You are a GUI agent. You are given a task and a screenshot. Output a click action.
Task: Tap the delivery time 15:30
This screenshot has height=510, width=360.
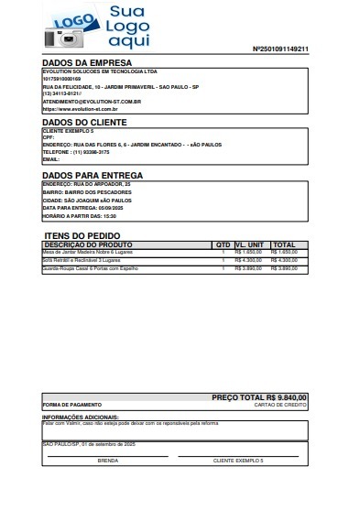[109, 216]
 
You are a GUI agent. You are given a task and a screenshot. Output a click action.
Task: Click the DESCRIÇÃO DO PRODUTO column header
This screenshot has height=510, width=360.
[89, 245]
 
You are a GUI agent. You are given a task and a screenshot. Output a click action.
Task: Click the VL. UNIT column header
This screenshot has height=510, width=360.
[250, 245]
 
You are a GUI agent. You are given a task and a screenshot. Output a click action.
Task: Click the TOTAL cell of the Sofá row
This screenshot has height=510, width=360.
[286, 261]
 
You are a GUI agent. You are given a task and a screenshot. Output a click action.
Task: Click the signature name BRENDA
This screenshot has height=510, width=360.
[107, 460]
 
